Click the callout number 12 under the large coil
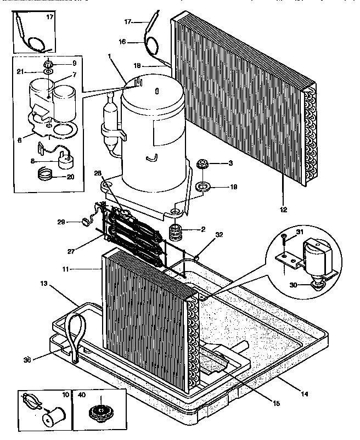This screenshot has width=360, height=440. pyautogui.click(x=284, y=208)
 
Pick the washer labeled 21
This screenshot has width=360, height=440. pyautogui.click(x=49, y=71)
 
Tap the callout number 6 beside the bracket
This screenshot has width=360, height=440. pyautogui.click(x=19, y=140)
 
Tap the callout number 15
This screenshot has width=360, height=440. pyautogui.click(x=276, y=404)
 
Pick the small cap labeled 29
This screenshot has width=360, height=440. pyautogui.click(x=86, y=223)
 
